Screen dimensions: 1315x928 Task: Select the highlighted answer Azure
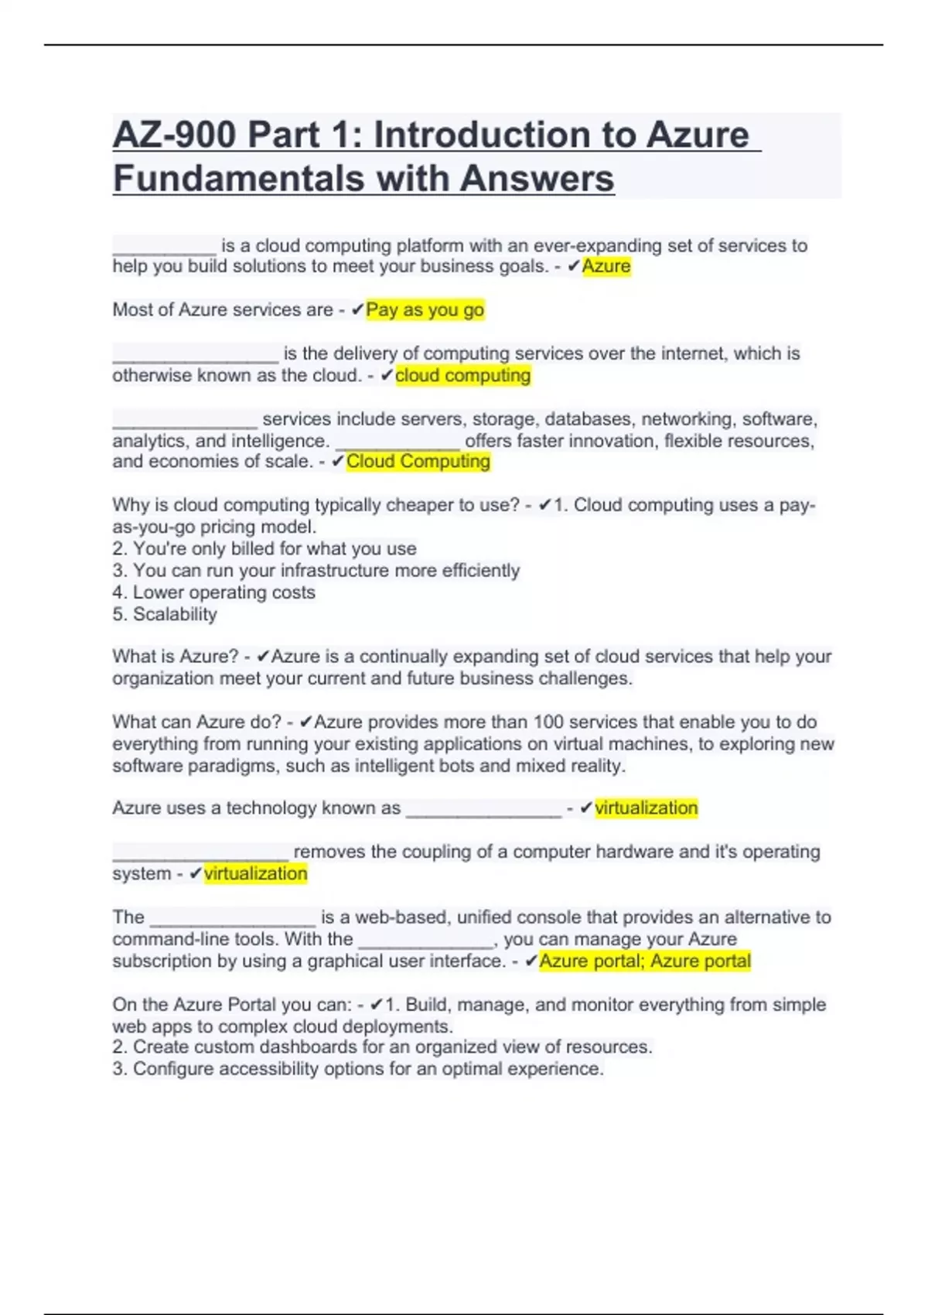click(606, 266)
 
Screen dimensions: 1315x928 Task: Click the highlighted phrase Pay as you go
click(425, 309)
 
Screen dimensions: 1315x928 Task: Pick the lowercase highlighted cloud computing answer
click(462, 375)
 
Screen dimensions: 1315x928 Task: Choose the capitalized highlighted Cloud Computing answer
click(418, 461)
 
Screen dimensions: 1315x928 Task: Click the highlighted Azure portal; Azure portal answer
click(645, 961)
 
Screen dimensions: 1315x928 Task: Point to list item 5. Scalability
click(165, 614)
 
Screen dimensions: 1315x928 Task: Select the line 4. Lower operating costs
click(213, 593)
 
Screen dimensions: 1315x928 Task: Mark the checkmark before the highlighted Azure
click(573, 266)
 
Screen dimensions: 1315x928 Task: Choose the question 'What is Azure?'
click(176, 656)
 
